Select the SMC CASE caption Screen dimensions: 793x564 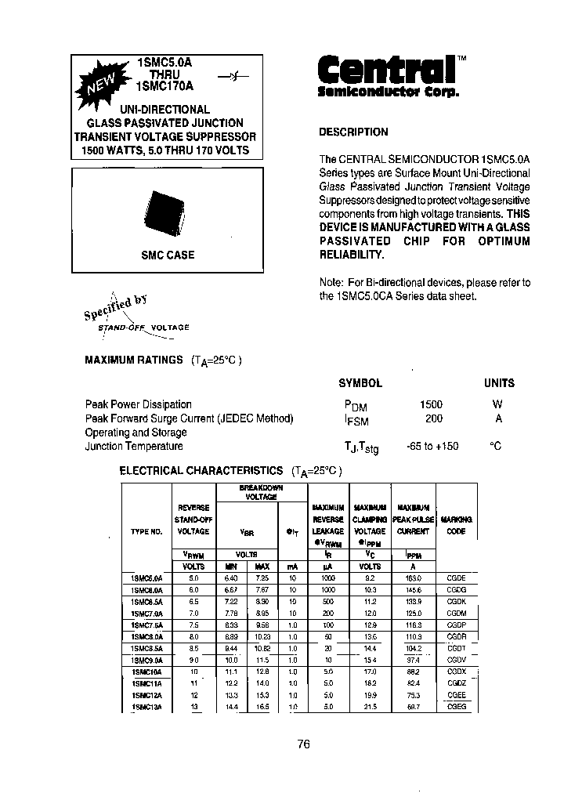168,255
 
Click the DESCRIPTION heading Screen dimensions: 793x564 353,132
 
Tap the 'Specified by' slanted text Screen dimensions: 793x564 115,306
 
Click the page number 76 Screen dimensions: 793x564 304,744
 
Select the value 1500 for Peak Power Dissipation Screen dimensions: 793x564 431,404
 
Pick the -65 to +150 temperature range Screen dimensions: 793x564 432,446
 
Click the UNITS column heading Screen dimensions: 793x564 498,383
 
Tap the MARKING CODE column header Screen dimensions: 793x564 456,525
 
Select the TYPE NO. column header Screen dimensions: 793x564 146,531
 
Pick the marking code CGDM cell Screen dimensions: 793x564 456,613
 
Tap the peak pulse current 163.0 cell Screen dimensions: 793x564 413,578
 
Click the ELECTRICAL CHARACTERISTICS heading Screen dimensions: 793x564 201,470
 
